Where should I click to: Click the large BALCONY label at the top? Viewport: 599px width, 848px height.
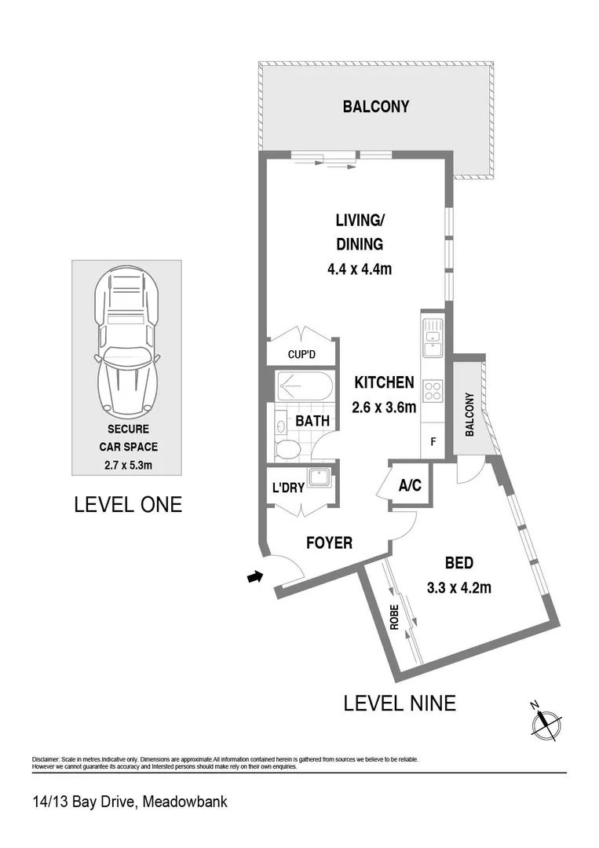coord(375,107)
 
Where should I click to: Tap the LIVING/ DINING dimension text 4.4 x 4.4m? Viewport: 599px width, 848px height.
coord(359,269)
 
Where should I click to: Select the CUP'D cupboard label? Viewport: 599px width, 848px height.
coord(301,355)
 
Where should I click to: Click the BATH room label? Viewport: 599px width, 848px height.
coord(312,422)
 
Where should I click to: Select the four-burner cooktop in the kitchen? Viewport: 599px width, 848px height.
coord(433,390)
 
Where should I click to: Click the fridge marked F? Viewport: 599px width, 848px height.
coord(433,441)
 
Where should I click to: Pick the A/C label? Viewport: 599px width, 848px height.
coord(410,486)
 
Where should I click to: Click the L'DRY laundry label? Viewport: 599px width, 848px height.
coord(288,488)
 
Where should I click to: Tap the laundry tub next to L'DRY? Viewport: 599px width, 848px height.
coord(319,479)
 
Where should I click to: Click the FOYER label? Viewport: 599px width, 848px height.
coord(329,543)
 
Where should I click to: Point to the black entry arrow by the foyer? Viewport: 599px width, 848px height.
coord(254,578)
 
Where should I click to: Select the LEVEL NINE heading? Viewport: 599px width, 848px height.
coord(399,703)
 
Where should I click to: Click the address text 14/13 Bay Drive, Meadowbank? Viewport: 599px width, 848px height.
coord(130,802)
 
